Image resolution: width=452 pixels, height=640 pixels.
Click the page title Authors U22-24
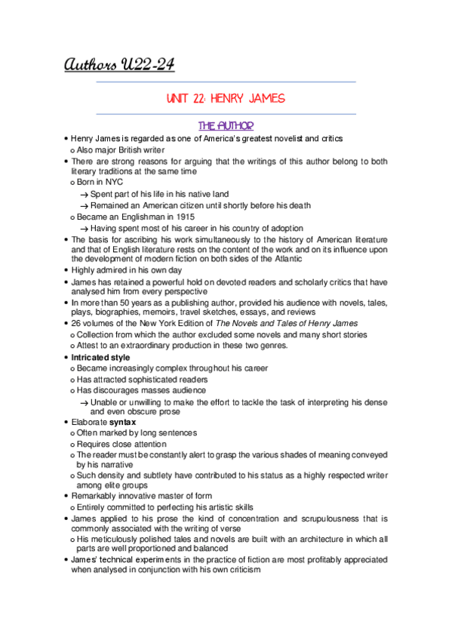click(119, 66)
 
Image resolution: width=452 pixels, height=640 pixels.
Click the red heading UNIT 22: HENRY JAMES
click(226, 100)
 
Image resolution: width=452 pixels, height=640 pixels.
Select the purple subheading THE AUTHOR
click(226, 126)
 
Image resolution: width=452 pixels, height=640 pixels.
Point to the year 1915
click(174, 217)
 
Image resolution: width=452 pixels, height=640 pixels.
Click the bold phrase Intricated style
click(100, 357)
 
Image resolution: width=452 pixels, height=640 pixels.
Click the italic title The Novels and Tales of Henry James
click(287, 324)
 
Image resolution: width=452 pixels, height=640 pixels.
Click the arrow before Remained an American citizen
click(85, 206)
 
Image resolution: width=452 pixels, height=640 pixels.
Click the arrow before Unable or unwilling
click(85, 402)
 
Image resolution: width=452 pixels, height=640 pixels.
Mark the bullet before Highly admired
click(66, 269)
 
